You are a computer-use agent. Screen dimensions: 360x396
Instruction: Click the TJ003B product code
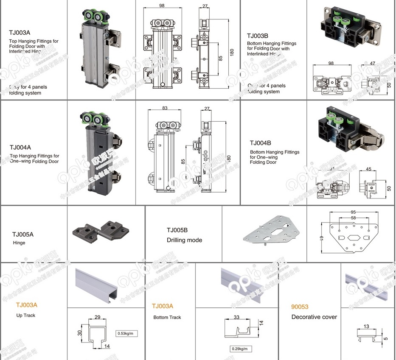258,36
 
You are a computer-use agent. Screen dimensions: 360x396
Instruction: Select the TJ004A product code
20,148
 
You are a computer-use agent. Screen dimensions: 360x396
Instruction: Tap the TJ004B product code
261,143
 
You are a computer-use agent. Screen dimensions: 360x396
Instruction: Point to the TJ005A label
22,234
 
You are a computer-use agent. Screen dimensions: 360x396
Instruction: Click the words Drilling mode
184,240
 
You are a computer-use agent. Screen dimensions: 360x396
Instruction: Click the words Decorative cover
314,317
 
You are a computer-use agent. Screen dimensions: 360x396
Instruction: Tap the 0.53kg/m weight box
126,334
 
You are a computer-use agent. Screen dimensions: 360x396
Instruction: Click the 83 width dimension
165,108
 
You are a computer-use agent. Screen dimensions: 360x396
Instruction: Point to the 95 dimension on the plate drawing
354,212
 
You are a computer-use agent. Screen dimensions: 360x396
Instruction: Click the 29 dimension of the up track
97,317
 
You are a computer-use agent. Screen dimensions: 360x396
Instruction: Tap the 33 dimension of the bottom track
236,317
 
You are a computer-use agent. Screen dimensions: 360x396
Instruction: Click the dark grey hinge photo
100,232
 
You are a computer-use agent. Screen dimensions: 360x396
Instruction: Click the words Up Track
26,315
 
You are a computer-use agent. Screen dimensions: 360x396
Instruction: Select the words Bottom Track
167,317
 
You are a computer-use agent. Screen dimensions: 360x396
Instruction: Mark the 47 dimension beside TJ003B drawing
372,63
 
